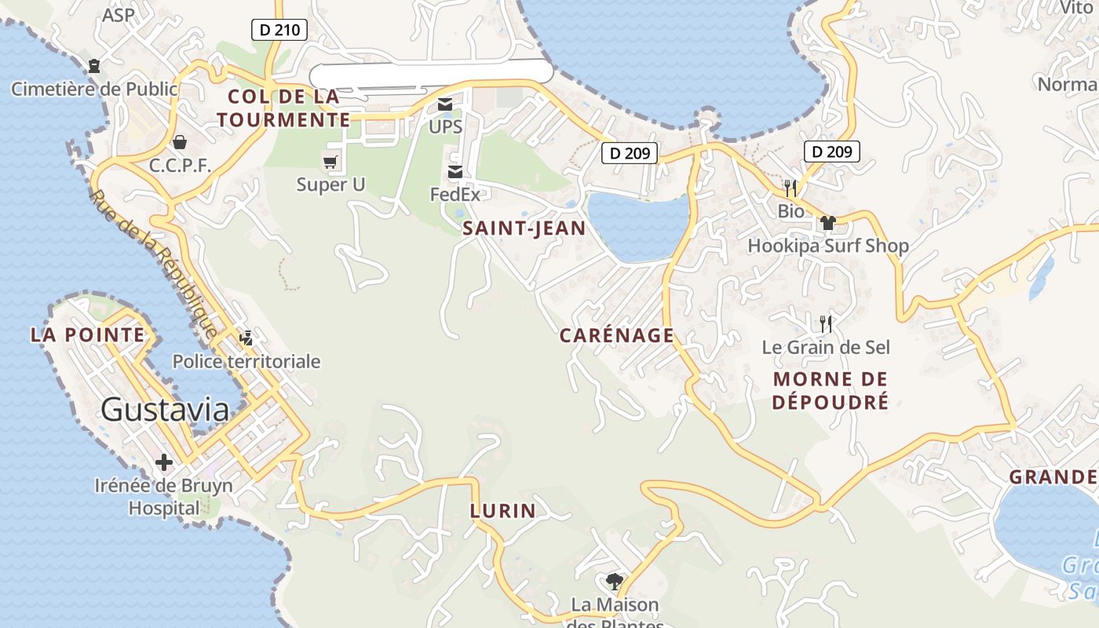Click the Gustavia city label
tap(165, 410)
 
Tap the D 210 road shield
tap(279, 31)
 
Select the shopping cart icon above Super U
tap(330, 162)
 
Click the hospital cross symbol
tap(164, 462)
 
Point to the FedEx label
tap(455, 194)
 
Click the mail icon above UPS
tap(445, 104)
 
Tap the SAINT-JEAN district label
tap(524, 228)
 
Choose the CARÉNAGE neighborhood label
tap(616, 336)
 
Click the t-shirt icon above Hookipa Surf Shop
tap(827, 223)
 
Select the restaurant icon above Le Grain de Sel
tap(825, 323)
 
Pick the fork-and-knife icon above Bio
tap(790, 188)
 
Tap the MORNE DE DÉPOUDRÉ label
tap(831, 391)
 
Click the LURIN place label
tap(502, 511)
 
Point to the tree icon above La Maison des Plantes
tap(614, 582)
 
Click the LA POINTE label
tap(87, 335)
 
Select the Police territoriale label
tap(246, 361)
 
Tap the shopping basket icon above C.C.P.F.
tap(180, 142)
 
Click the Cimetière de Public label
tap(94, 89)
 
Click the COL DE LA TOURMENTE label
tap(283, 108)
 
